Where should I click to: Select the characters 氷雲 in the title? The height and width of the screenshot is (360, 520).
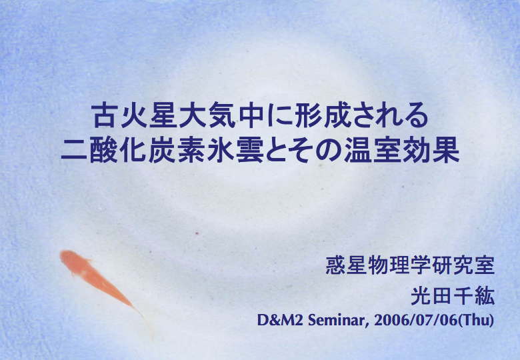pyautogui.click(x=235, y=150)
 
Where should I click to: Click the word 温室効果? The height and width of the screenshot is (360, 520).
pyautogui.click(x=402, y=150)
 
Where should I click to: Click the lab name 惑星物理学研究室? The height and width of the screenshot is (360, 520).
pyautogui.click(x=410, y=265)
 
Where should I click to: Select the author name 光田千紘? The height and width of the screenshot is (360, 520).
pyautogui.click(x=453, y=296)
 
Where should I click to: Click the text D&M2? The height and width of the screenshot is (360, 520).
pyautogui.click(x=279, y=320)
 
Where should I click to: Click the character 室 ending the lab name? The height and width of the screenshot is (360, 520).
pyautogui.click(x=485, y=265)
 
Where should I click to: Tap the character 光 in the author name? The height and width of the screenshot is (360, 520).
pyautogui.click(x=421, y=296)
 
